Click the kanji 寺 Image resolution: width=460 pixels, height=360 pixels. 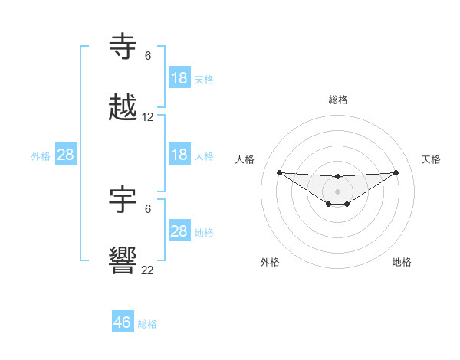[x=123, y=47]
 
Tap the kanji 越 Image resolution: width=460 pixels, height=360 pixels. [x=123, y=109]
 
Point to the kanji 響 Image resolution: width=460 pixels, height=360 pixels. [x=123, y=260]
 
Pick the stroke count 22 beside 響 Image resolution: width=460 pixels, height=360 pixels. [x=148, y=269]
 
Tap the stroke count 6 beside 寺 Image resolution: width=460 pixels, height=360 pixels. [x=148, y=56]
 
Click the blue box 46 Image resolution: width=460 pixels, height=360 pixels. [x=123, y=322]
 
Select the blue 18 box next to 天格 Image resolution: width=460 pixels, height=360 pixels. [x=179, y=78]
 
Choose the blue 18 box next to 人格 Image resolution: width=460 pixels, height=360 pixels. [x=179, y=155]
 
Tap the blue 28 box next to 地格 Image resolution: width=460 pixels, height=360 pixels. [x=179, y=231]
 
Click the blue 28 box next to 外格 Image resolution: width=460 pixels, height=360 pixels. [x=66, y=155]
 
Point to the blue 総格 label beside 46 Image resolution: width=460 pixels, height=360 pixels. [x=147, y=324]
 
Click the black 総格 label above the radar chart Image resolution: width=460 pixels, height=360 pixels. [x=338, y=100]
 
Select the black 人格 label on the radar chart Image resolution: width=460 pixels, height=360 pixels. [x=245, y=159]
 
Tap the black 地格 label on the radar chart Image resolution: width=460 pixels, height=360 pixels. [x=402, y=262]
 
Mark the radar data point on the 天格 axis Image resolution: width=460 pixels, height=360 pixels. [x=396, y=172]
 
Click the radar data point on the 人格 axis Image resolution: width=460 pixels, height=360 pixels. [x=279, y=172]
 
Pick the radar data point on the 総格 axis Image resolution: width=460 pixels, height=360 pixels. [x=338, y=177]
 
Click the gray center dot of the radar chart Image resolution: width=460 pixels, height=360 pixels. [x=338, y=191]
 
